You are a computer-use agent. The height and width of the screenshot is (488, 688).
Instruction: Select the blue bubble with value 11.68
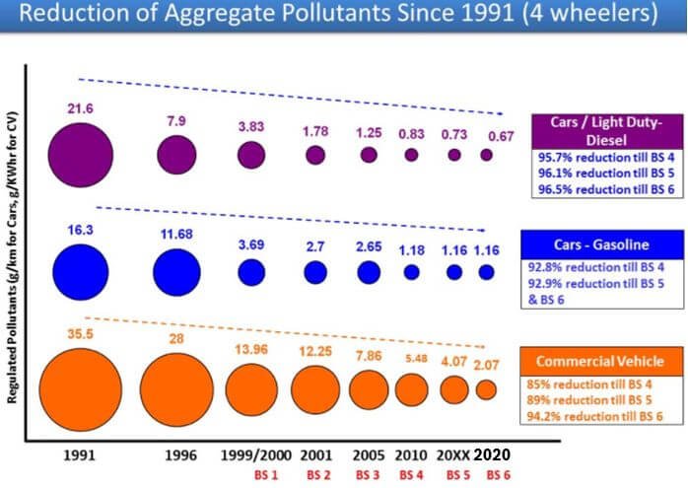(x=176, y=271)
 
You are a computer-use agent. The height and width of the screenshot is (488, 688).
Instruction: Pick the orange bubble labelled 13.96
(x=251, y=387)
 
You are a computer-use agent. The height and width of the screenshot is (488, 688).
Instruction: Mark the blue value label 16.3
(x=78, y=227)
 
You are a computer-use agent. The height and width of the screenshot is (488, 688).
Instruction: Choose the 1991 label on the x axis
(x=77, y=456)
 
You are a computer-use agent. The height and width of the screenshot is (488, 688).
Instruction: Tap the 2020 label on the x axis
(x=493, y=456)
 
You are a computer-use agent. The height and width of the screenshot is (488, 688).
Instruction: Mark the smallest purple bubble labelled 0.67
(x=486, y=155)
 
